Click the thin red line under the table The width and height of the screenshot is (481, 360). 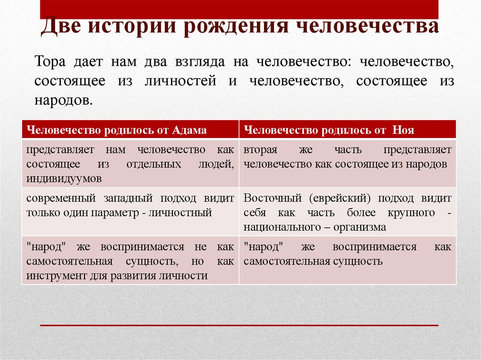pyautogui.click(x=239, y=325)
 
